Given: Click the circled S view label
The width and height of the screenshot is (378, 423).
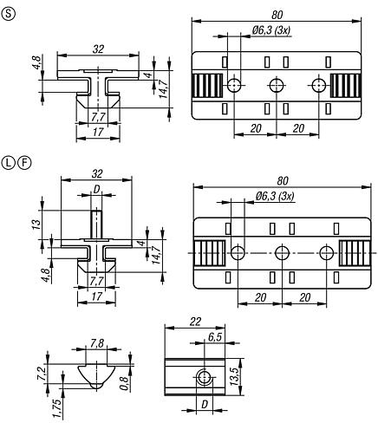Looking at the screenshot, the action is coord(9,14).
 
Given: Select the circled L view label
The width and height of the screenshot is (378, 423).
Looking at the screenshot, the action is coord(9,163).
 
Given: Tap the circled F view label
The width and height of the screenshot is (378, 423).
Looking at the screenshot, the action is coord(24,163).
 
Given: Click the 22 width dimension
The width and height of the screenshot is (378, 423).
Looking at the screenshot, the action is coord(195,322).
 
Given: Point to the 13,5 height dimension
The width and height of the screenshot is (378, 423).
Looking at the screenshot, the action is coord(236,377).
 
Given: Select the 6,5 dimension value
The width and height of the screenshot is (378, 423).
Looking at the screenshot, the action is coord(215,337).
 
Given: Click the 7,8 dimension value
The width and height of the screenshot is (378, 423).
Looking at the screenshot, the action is coord(97,343).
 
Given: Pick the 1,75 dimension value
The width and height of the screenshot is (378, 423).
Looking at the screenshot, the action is coord(57,408).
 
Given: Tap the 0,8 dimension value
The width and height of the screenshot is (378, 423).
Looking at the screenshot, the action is coord(124,383).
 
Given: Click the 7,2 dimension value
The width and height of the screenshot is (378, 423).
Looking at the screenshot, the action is coord(42,373).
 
